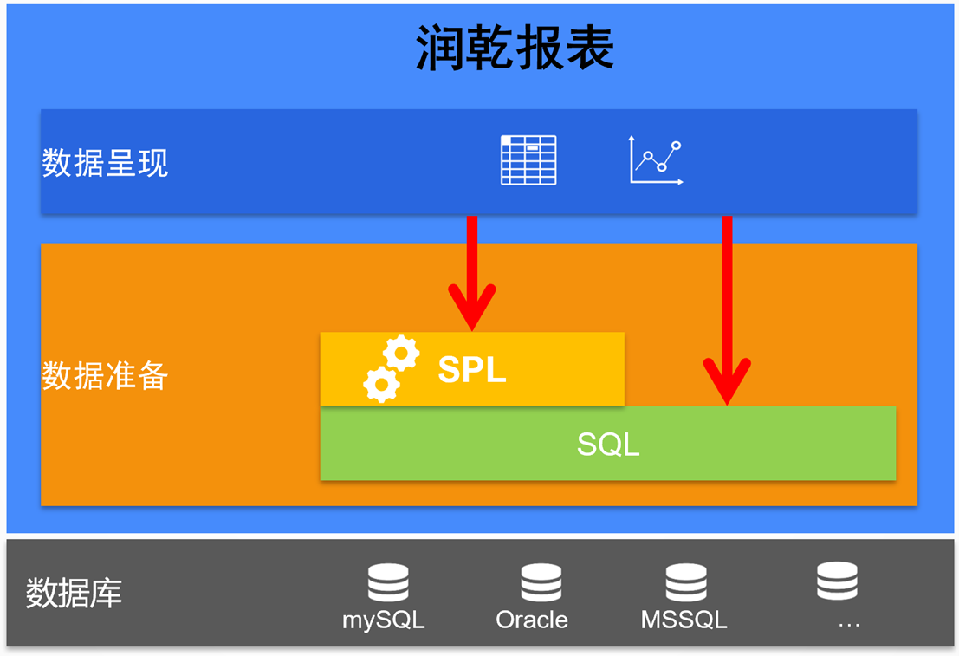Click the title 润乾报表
515,48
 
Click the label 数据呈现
105,163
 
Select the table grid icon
528,160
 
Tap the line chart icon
656,161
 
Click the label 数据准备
105,376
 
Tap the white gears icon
391,369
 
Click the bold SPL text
471,370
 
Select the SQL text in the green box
608,445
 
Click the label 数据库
74,593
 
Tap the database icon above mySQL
387,583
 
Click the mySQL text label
384,620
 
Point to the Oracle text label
532,620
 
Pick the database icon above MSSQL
685,583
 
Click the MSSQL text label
684,620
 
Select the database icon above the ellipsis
837,581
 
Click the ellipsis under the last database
849,623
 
